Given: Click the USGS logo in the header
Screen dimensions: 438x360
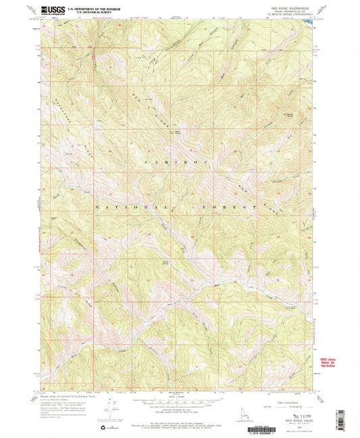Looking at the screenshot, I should (x=51, y=9).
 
